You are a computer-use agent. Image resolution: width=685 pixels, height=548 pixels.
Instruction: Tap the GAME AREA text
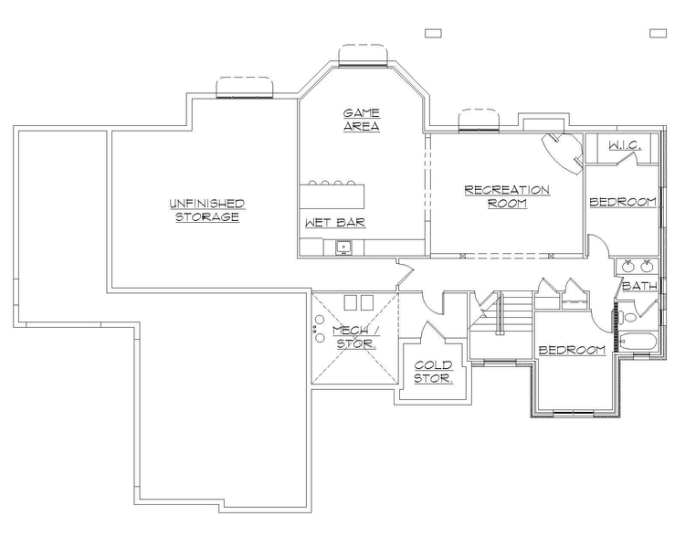tap(362, 120)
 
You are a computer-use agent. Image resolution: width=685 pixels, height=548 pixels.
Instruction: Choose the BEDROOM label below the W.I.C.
tap(623, 202)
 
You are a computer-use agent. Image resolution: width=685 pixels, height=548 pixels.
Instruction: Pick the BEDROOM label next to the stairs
tap(572, 351)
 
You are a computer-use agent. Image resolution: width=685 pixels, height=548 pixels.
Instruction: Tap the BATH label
tap(639, 287)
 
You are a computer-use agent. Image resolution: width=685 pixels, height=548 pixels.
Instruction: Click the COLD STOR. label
tap(434, 371)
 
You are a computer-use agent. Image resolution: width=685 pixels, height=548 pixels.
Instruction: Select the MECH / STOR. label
tap(354, 337)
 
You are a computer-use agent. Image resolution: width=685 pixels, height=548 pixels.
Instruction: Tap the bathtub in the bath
tap(638, 342)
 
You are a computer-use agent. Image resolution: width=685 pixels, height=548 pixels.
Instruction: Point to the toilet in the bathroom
tap(629, 317)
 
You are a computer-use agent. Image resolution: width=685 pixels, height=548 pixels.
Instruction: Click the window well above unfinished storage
tap(245, 88)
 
